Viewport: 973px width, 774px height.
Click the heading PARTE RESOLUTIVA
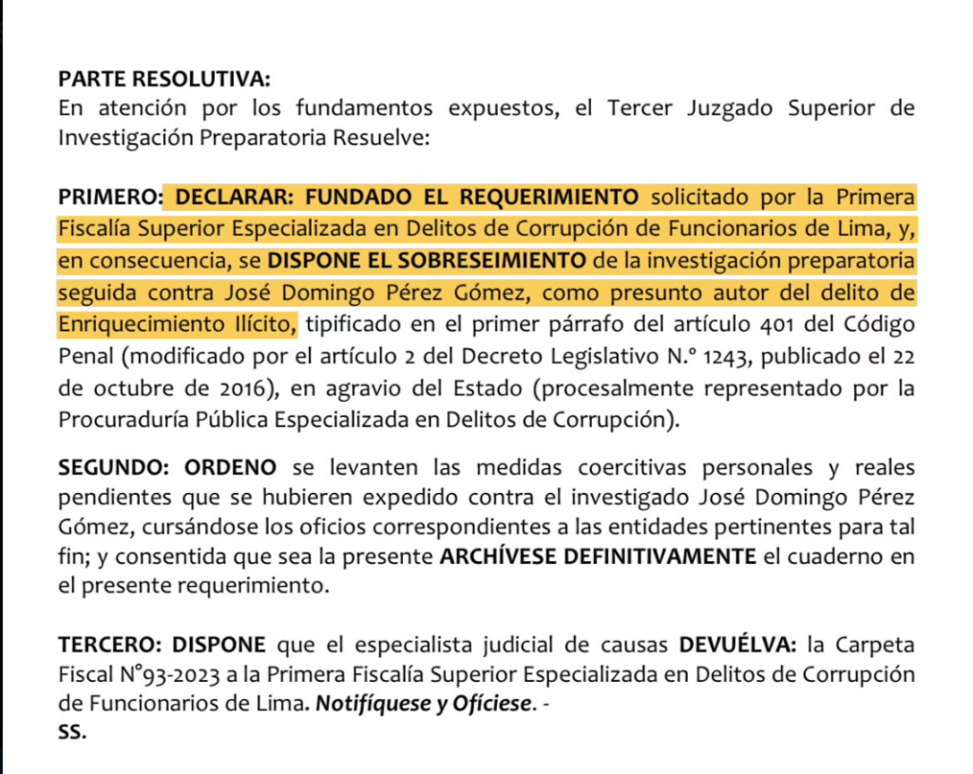164,78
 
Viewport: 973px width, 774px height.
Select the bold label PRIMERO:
108,198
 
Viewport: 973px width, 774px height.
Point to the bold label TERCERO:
110,646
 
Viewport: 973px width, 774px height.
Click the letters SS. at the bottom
72,734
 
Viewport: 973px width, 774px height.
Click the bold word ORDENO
229,467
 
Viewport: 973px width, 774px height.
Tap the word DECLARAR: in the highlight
225,198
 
